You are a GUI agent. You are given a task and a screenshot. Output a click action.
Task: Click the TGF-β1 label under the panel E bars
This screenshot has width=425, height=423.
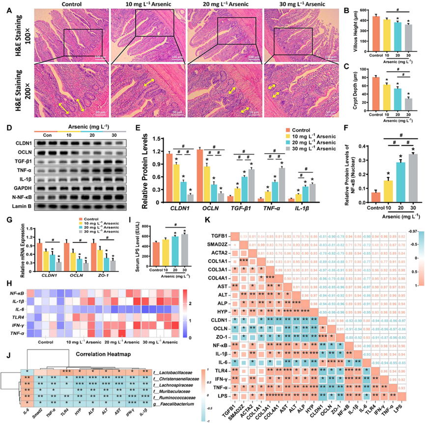(242, 210)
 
